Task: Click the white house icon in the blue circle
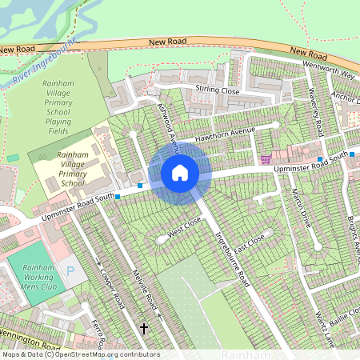[180, 173]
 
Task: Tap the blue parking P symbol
[70, 273]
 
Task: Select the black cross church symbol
[145, 328]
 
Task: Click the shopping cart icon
[264, 160]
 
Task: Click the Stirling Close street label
[217, 91]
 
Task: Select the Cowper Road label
[108, 288]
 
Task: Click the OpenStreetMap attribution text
[80, 354]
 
